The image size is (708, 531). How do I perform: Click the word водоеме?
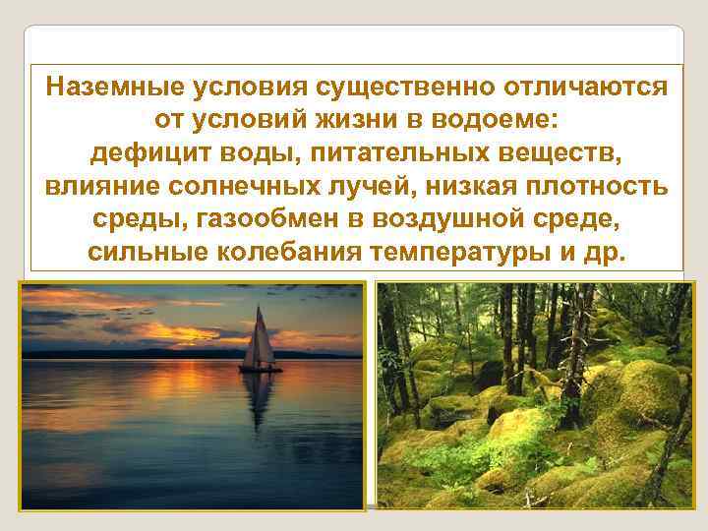point(503,120)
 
